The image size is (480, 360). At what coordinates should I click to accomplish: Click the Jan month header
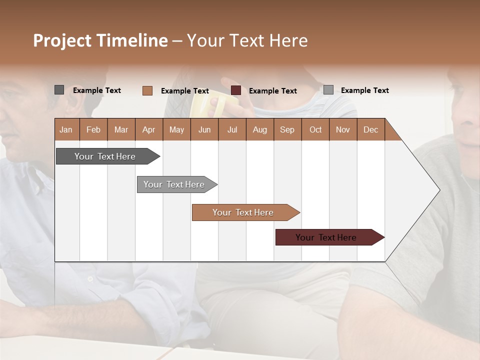pos(66,129)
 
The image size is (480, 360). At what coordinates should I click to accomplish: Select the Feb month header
pos(93,129)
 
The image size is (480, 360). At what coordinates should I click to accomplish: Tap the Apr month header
pos(148,129)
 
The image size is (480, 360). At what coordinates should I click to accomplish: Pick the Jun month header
pos(204,129)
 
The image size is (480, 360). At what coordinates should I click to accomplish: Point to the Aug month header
pos(259,129)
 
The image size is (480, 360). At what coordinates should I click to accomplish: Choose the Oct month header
pos(315,129)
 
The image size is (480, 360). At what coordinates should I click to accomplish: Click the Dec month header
pos(370,129)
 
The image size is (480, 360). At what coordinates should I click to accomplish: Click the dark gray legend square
pos(59,90)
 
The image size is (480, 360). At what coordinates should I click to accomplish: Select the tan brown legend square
pos(147,90)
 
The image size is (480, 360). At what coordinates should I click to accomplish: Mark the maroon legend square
pos(236,90)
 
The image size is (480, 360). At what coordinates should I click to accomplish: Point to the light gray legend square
pos(328,90)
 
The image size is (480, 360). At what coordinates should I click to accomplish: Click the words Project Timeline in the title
pos(100,40)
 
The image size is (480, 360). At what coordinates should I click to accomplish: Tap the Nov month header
pos(342,129)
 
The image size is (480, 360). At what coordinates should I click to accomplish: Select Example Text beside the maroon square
pos(272,91)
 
